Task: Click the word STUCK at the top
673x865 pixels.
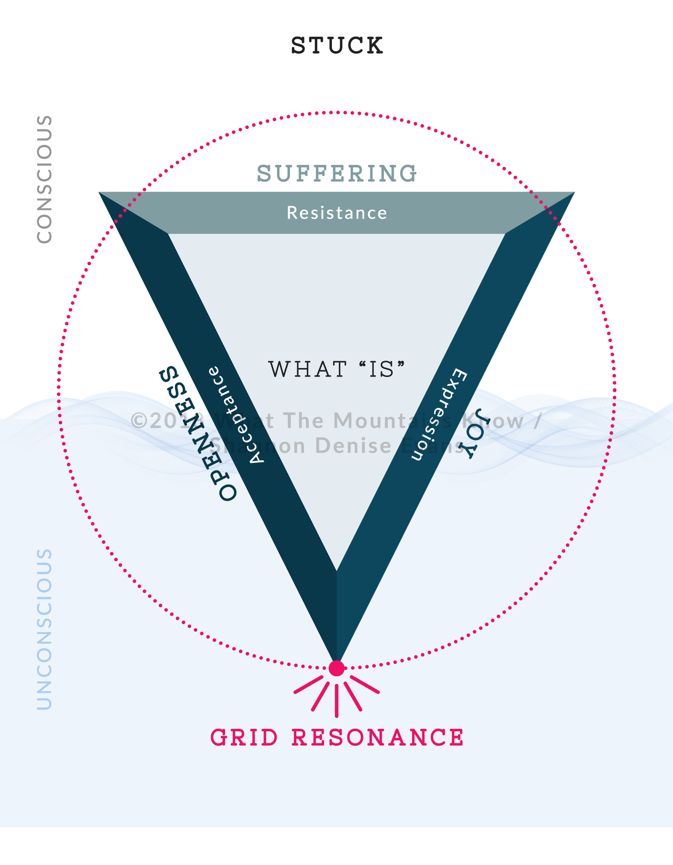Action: pyautogui.click(x=337, y=46)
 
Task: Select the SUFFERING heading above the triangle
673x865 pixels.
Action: pyautogui.click(x=337, y=174)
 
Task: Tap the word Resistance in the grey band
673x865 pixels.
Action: pyautogui.click(x=337, y=213)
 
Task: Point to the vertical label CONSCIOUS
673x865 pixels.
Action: pyautogui.click(x=44, y=179)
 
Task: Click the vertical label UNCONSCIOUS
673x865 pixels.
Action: pyautogui.click(x=44, y=629)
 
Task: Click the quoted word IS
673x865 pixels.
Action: pyautogui.click(x=381, y=369)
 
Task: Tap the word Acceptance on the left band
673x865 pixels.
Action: pyautogui.click(x=236, y=415)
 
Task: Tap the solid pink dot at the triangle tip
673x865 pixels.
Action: pyautogui.click(x=336, y=668)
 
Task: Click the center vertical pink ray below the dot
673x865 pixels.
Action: pyautogui.click(x=336, y=700)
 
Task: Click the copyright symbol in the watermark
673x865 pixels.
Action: pyautogui.click(x=139, y=421)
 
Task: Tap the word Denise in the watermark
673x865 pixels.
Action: pyautogui.click(x=353, y=446)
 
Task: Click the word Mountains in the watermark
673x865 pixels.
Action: pyautogui.click(x=393, y=421)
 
